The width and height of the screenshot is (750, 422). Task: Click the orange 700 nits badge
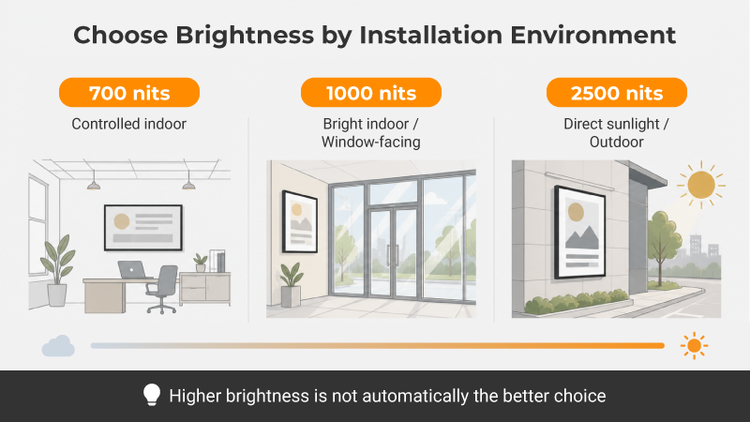click(x=129, y=92)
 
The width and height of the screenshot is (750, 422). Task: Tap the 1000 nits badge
click(x=371, y=92)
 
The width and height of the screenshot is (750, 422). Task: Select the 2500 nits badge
click(x=617, y=92)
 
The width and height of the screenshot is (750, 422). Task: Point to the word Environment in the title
click(x=592, y=36)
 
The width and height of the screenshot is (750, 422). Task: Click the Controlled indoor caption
click(x=129, y=124)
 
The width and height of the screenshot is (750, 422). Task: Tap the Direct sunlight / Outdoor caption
click(x=617, y=132)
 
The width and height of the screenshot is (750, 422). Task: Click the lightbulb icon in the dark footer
click(x=152, y=395)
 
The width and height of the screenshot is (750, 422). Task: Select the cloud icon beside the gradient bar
click(x=58, y=346)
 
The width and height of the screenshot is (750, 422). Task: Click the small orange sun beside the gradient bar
click(x=694, y=345)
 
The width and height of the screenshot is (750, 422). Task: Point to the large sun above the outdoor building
click(x=701, y=185)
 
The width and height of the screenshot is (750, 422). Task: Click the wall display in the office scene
click(x=143, y=228)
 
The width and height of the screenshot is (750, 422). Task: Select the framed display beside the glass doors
click(x=300, y=221)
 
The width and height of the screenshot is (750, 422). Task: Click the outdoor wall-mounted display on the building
click(x=579, y=233)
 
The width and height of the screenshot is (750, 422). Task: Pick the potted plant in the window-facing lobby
click(x=292, y=285)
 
